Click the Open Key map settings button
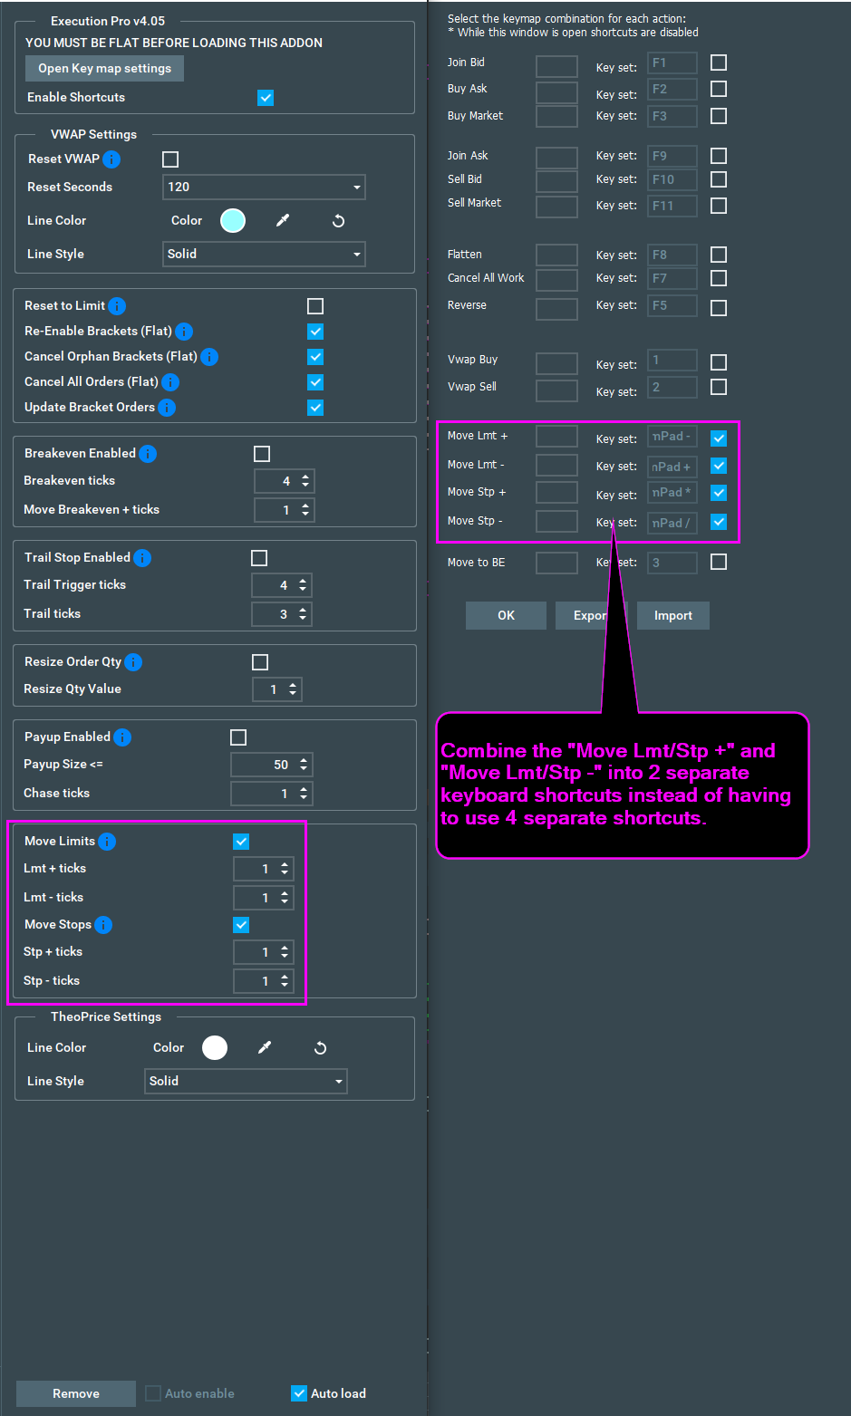[x=104, y=68]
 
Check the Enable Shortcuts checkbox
[x=266, y=98]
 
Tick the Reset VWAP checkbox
[x=170, y=159]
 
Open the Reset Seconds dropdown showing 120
[x=264, y=188]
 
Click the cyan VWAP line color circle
[x=233, y=221]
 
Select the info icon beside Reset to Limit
[x=117, y=306]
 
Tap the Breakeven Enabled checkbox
[x=262, y=454]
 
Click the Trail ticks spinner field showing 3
[x=282, y=614]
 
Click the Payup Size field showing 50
[x=272, y=765]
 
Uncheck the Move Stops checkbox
[x=241, y=925]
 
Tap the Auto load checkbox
[x=299, y=1392]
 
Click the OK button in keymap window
[x=506, y=616]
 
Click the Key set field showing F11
[x=672, y=206]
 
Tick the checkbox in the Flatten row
[x=718, y=255]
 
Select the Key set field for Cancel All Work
[x=672, y=278]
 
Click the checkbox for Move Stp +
[x=718, y=493]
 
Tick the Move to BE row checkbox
[x=718, y=562]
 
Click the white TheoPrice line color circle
[x=215, y=1047]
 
